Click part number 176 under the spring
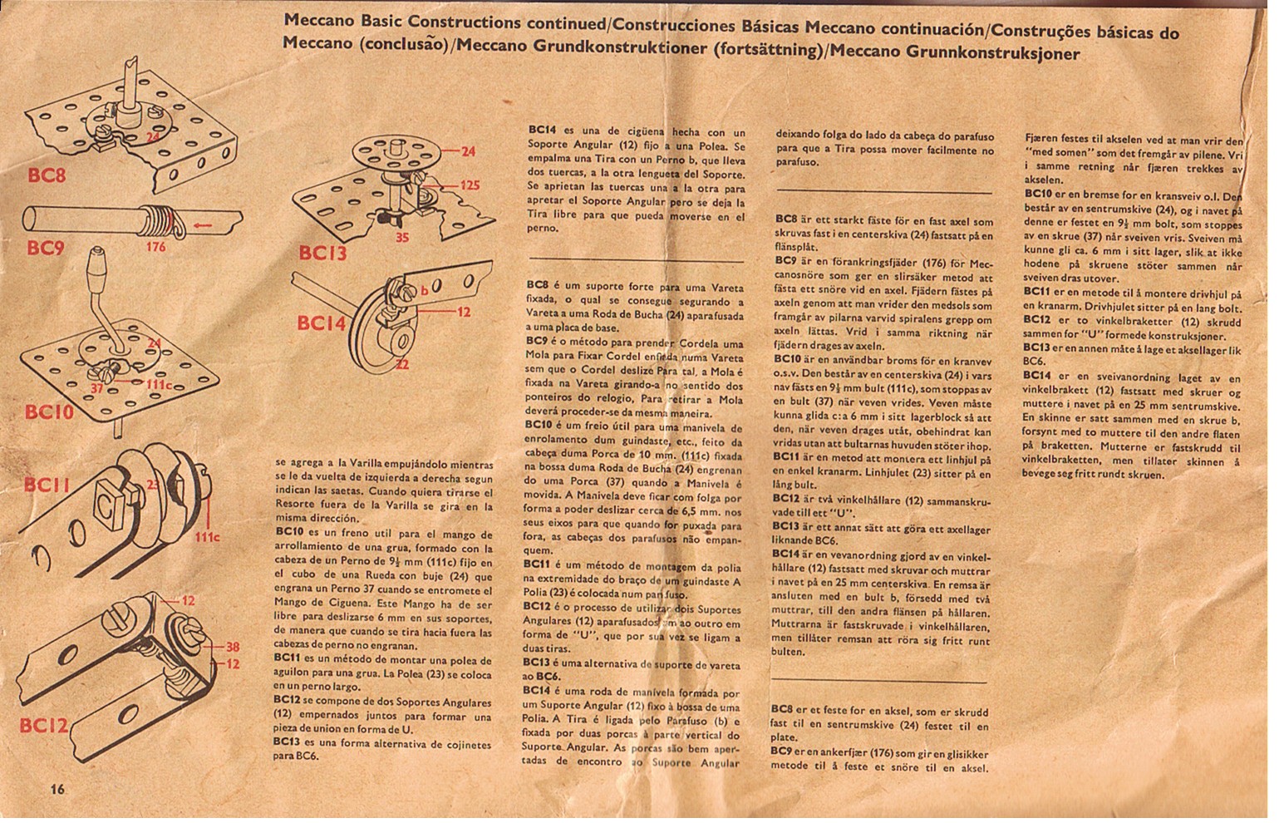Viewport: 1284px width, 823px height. [x=155, y=247]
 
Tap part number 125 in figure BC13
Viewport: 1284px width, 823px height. [x=470, y=185]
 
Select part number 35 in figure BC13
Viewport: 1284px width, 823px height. [x=401, y=239]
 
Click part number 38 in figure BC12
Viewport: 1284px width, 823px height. [x=233, y=648]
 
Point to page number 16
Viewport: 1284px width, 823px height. [x=57, y=789]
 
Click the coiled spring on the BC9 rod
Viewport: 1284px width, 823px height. [x=156, y=219]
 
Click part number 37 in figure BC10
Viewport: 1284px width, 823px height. [x=96, y=387]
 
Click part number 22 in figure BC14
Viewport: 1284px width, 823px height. [x=401, y=365]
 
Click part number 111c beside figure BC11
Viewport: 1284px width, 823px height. [x=207, y=537]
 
